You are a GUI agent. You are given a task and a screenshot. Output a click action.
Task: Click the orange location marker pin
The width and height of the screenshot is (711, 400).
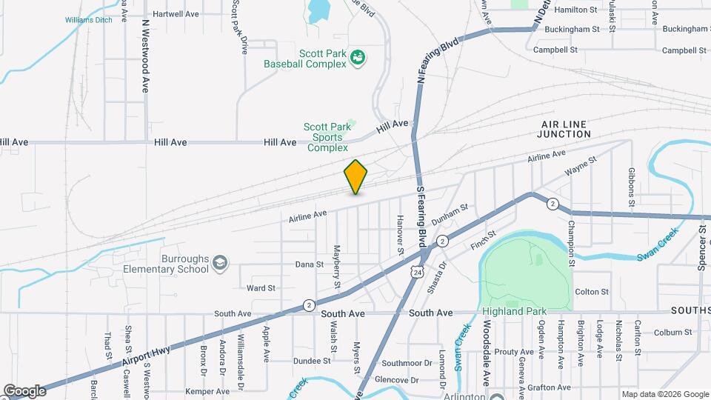356,176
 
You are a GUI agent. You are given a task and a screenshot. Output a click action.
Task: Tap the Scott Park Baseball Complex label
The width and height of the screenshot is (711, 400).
305,59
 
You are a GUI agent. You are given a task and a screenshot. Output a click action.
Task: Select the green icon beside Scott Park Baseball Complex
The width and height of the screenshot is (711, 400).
358,58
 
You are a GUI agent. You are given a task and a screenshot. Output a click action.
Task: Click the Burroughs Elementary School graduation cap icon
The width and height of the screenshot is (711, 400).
219,262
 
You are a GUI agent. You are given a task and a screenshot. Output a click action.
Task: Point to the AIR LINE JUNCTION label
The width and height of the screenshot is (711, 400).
566,129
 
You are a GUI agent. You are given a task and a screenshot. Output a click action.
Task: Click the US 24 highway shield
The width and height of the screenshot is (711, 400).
418,272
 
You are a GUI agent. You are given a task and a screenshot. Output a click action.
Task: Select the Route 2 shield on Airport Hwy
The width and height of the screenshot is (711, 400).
309,304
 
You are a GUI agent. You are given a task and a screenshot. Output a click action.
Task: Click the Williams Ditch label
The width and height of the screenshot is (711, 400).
88,20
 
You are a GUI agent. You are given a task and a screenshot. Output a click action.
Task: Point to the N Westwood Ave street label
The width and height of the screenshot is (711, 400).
146,55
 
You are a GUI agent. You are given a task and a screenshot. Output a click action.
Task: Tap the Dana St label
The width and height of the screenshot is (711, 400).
310,264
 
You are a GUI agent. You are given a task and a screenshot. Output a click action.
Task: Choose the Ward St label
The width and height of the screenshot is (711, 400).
261,287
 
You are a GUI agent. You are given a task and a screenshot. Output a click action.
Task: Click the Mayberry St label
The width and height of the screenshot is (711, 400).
336,267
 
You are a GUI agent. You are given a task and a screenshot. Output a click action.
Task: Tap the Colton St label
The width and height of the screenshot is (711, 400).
591,292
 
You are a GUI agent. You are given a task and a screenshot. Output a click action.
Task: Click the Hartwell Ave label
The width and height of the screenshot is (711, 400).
176,13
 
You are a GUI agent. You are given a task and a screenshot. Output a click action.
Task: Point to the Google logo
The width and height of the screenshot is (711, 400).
24,390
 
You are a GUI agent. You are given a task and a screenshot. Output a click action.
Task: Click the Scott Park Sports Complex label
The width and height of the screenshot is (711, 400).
327,138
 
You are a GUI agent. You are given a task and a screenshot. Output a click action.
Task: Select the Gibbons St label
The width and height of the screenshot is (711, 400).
631,187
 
